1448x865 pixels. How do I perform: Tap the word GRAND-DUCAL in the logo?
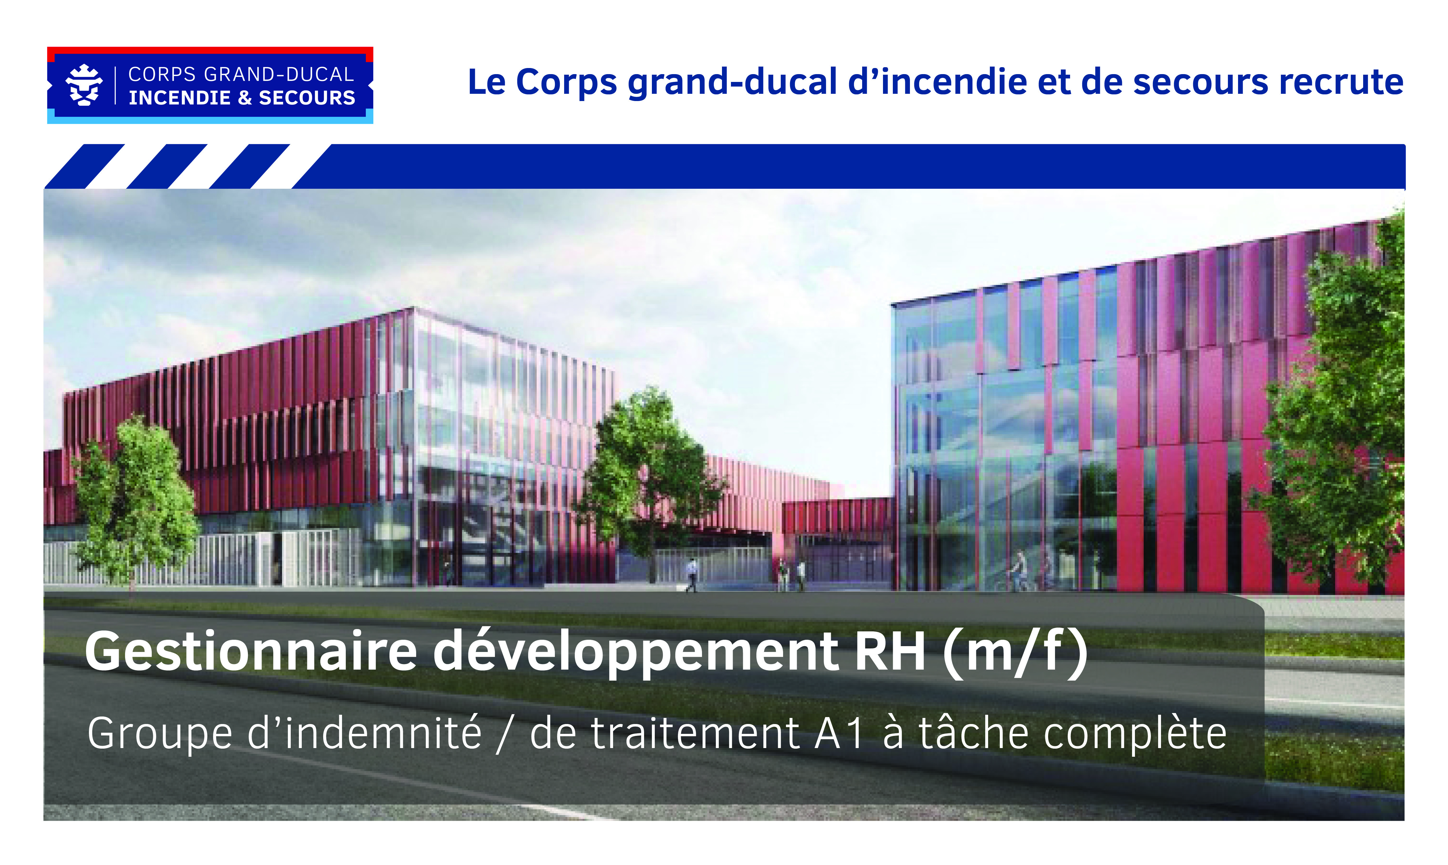pos(279,75)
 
